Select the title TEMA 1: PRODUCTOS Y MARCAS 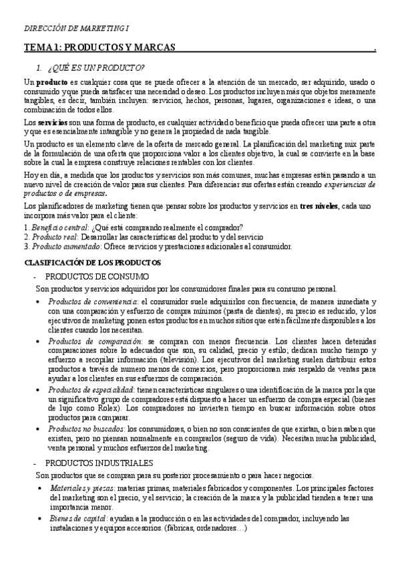[x=99, y=48]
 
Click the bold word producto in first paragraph [x=51, y=82]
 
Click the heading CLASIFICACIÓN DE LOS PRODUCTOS [x=92, y=262]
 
